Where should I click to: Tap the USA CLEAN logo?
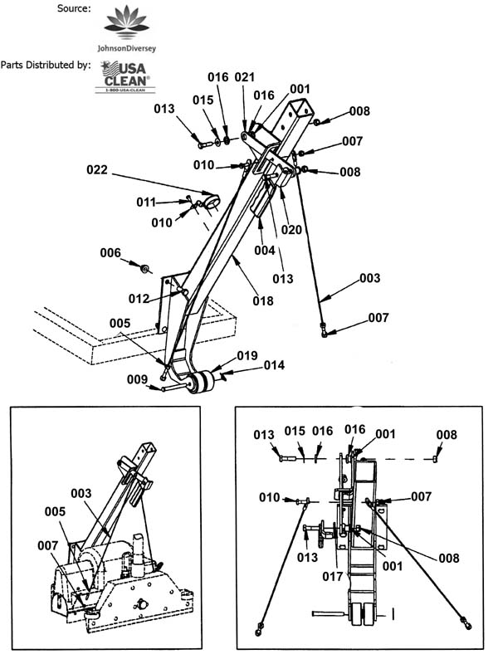[x=124, y=76]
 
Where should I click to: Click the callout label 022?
[x=97, y=170]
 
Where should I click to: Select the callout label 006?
[x=110, y=252]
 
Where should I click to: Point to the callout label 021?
[x=245, y=77]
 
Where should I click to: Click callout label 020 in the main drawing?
[x=291, y=229]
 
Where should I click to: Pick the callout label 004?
[x=265, y=251]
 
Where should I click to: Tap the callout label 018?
[x=263, y=301]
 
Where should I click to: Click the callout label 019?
[x=247, y=355]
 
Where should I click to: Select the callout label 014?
[x=274, y=365]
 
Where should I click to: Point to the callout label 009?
[x=138, y=379]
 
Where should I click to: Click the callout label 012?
[x=139, y=299]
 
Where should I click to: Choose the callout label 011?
[x=146, y=203]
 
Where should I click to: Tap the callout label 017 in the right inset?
[x=333, y=576]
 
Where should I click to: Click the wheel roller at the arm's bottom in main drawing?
[x=202, y=382]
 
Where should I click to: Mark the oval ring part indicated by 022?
[x=212, y=202]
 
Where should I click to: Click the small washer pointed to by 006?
[x=145, y=268]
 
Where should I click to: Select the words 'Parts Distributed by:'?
[x=46, y=65]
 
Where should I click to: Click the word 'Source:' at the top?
[x=74, y=8]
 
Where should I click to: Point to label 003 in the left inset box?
[x=81, y=493]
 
